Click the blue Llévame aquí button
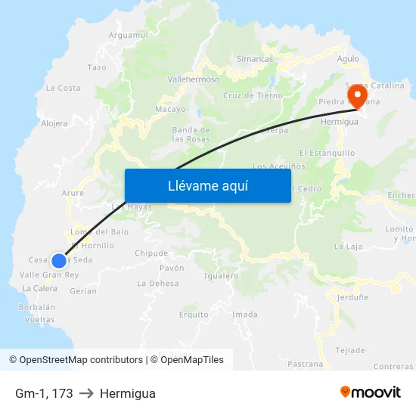click(x=207, y=185)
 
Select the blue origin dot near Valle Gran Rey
click(x=58, y=261)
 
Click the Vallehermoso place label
click(x=193, y=79)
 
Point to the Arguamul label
click(x=129, y=35)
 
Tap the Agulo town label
click(x=348, y=58)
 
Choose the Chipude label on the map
click(x=151, y=253)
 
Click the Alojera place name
click(x=54, y=123)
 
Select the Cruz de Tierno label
click(x=253, y=95)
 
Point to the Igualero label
click(x=221, y=275)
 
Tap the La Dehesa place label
click(x=158, y=283)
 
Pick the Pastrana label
click(x=306, y=364)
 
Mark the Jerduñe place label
click(x=352, y=298)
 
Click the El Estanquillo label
click(x=327, y=152)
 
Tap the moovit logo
click(x=371, y=392)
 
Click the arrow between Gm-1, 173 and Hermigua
click(x=86, y=393)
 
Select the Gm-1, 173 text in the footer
click(x=44, y=393)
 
